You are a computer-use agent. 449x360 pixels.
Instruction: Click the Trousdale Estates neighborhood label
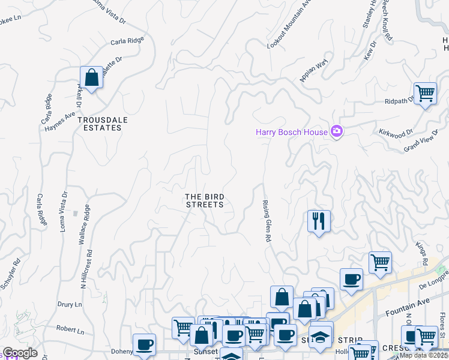point(102,124)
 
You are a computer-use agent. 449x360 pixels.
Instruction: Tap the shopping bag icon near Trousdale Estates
point(91,77)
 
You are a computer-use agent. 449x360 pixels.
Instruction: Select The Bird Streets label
point(204,200)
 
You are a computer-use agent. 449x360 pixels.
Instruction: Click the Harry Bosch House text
point(292,132)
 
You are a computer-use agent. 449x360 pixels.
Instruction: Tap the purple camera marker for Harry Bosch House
point(337,131)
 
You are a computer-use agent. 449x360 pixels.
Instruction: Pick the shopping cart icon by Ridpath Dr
point(425,94)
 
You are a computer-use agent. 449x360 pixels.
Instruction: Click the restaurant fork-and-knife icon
point(319,221)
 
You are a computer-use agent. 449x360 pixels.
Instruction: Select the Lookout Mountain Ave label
point(290,25)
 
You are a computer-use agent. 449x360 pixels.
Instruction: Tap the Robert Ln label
point(70,329)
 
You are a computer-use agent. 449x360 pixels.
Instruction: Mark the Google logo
point(20,353)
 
